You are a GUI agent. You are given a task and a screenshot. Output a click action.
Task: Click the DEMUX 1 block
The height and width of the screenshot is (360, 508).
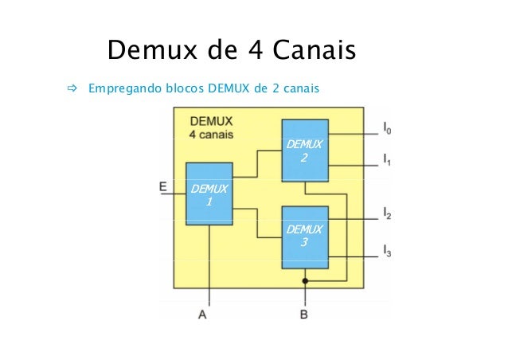tap(209, 194)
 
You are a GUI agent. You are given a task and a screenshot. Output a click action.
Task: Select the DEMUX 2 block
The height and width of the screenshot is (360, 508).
tap(305, 151)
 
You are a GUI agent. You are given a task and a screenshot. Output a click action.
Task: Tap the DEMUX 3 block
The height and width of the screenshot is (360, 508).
tap(305, 237)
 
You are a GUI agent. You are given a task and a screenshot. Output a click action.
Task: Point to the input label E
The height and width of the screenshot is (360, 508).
tap(162, 187)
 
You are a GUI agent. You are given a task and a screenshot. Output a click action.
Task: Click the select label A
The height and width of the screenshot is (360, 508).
tap(203, 315)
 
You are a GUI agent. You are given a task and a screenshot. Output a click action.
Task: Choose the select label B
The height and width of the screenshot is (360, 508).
tap(304, 315)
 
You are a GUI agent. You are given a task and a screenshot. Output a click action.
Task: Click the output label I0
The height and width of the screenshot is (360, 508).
tap(387, 127)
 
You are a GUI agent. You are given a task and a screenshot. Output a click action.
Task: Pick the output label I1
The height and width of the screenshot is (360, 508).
tap(387, 160)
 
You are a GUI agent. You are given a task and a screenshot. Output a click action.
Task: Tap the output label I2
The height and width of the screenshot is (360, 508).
tap(387, 213)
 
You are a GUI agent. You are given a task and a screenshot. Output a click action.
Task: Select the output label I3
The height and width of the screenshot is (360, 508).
tap(387, 252)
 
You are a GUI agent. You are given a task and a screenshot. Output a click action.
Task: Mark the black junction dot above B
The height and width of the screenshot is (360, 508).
tap(305, 281)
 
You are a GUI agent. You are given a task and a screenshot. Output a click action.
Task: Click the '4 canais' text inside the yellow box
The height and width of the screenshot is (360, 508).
tap(212, 135)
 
